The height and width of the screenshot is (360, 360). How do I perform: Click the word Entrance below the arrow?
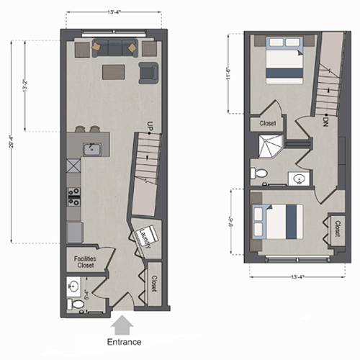click(x=124, y=342)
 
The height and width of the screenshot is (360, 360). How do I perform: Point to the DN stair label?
click(x=326, y=120)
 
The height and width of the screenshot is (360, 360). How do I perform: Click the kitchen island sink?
click(x=91, y=149)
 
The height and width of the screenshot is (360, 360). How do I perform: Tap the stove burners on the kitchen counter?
click(x=73, y=197)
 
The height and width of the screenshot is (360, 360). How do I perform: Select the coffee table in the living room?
click(x=113, y=71)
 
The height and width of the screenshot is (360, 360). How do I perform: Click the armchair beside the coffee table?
click(x=148, y=71)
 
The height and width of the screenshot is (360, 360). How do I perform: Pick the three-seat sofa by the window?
click(x=114, y=48)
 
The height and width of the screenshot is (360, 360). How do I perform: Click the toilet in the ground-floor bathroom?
click(x=76, y=305)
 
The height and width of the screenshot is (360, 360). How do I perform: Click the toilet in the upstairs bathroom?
click(x=258, y=173)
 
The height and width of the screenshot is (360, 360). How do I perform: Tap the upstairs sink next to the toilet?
click(x=300, y=178)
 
